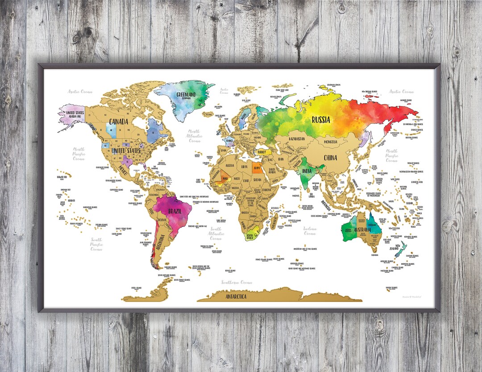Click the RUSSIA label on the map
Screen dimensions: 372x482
[x=321, y=120]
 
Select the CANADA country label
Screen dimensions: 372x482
[x=119, y=121]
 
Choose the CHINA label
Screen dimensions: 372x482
[x=331, y=158]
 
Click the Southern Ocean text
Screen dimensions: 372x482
[x=237, y=283]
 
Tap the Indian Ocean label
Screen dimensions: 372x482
[x=310, y=231]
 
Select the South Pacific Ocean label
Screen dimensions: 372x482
[x=97, y=244]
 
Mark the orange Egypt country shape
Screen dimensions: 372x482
[x=257, y=169]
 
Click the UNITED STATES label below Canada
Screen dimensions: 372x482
[x=126, y=151]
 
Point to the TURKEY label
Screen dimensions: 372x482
[x=261, y=152]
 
